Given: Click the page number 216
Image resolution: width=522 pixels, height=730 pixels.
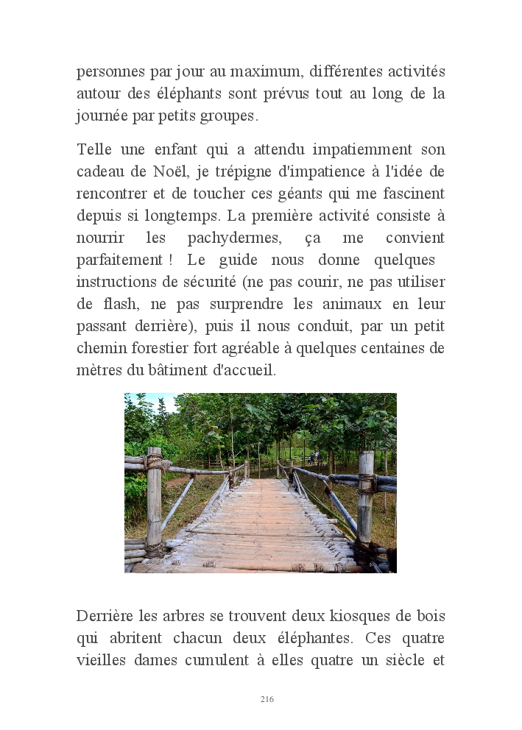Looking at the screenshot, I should (267, 699).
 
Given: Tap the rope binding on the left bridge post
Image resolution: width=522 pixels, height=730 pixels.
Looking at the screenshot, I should (154, 462).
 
